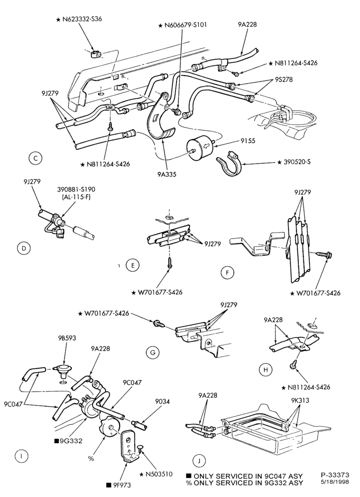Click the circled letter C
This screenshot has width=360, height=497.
click(35, 158)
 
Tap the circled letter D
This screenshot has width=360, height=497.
click(23, 248)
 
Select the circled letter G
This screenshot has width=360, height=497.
click(153, 352)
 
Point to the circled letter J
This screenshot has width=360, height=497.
click(199, 461)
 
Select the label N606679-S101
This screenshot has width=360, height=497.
click(185, 25)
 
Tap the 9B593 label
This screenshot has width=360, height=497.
click(67, 338)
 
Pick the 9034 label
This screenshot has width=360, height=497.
click(163, 402)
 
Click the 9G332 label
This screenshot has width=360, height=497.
click(71, 440)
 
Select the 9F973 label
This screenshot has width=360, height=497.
click(121, 485)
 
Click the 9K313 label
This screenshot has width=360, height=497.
click(300, 400)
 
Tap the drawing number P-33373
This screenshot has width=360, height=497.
click(335, 475)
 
